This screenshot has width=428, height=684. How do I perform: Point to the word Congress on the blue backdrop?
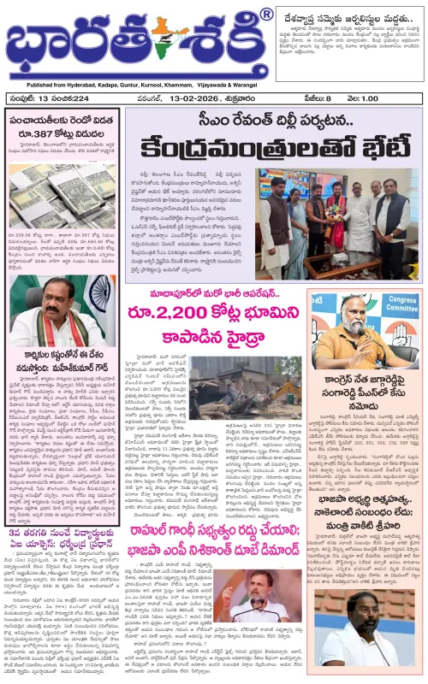(x=393, y=303)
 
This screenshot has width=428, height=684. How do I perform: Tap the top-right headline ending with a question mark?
(x=346, y=11)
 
